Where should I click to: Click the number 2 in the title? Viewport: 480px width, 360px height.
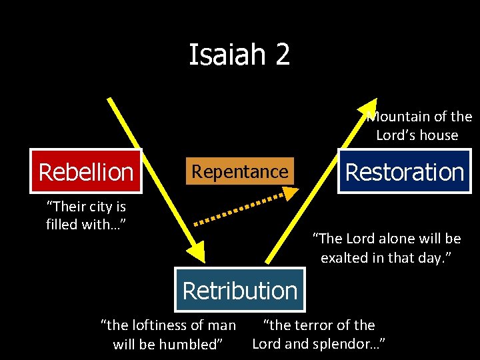[x=282, y=55]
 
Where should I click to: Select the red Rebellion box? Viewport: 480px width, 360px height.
[x=86, y=172]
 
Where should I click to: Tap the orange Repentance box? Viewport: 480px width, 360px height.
[x=240, y=171]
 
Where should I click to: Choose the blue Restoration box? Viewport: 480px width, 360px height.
[x=404, y=172]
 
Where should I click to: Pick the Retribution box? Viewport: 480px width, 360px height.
[x=240, y=291]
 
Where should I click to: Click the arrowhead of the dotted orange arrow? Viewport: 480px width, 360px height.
[x=291, y=192]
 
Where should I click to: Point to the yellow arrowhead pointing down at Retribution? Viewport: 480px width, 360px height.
[x=197, y=252]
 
